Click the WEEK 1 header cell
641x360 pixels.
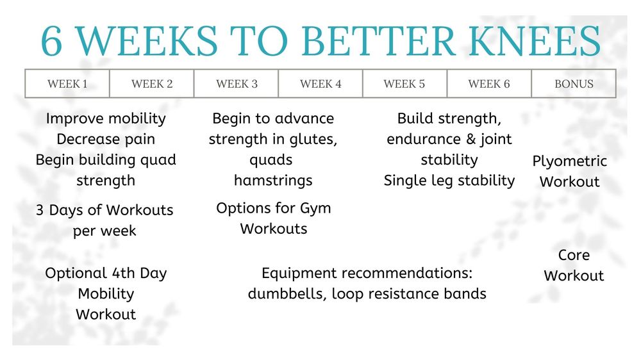tap(67, 84)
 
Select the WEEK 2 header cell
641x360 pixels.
tap(152, 84)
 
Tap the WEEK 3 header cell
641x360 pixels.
tap(237, 84)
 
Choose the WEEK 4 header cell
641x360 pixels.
tap(320, 84)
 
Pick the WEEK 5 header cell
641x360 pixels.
tap(404, 84)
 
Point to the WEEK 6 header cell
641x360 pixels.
tap(489, 84)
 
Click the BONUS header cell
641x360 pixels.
tap(574, 84)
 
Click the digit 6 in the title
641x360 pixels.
tap(51, 41)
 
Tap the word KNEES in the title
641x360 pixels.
tap(535, 41)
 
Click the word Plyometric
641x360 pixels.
tap(569, 161)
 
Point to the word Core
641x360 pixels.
tap(574, 255)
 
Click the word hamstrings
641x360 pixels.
tap(273, 181)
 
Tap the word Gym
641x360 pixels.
tap(315, 209)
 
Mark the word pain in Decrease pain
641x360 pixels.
tap(140, 140)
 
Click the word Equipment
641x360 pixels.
tap(299, 274)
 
